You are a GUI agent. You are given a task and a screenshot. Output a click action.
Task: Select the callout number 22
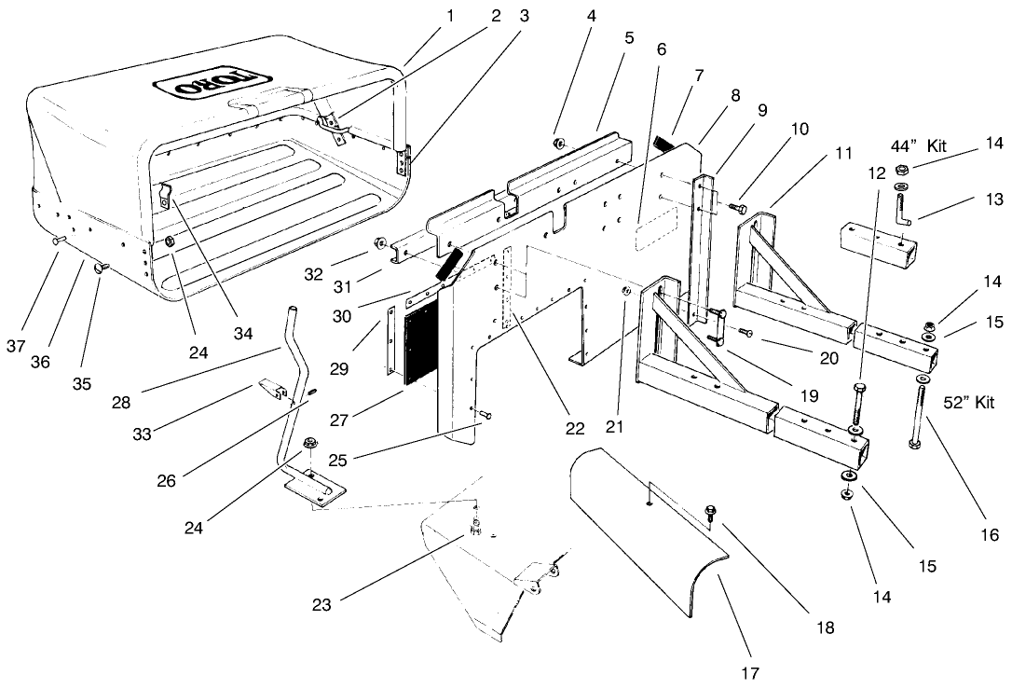[x=575, y=430]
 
